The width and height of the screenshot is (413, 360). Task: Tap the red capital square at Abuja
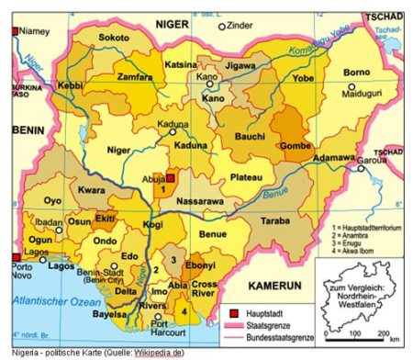pyautogui.click(x=170, y=179)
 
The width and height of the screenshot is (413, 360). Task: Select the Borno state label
pyautogui.click(x=356, y=73)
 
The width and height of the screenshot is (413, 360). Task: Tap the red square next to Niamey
pyautogui.click(x=14, y=31)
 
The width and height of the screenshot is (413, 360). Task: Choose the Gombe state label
pyautogui.click(x=295, y=146)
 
